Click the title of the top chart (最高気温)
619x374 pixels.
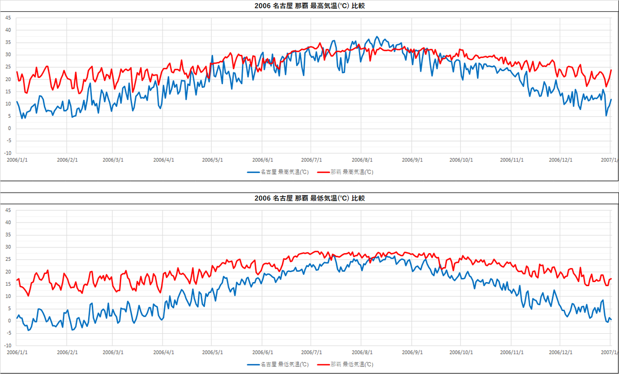tap(310, 6)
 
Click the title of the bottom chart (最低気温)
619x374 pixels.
tap(309, 198)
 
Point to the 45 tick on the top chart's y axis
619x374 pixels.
tap(8, 18)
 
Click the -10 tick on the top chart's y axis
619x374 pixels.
tap(7, 153)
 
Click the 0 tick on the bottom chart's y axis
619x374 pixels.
tap(9, 321)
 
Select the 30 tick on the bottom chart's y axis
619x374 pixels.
tap(8, 247)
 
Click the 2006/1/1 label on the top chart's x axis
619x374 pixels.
tap(17, 160)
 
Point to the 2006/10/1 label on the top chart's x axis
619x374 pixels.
tap(461, 160)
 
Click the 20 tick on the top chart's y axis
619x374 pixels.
tap(8, 79)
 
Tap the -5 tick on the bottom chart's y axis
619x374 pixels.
tap(8, 333)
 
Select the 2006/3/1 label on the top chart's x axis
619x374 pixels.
tap(113, 160)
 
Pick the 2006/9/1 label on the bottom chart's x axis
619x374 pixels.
tap(413, 352)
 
